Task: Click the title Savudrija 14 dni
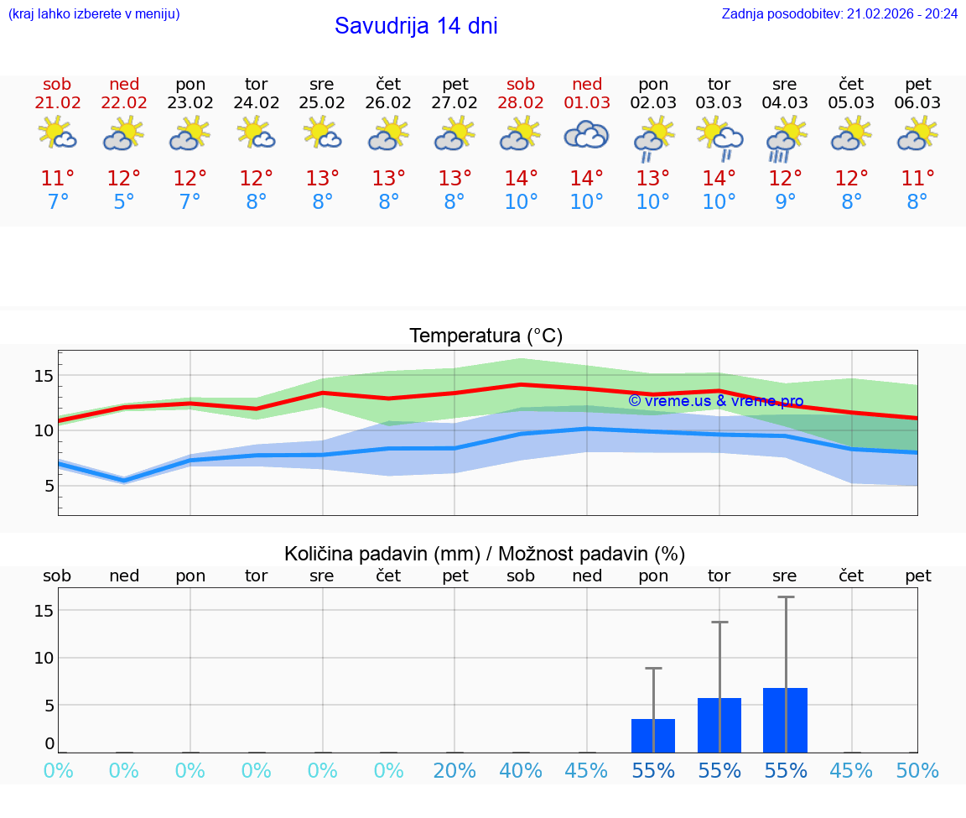point(416,26)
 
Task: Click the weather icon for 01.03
point(586,135)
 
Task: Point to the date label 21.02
point(58,103)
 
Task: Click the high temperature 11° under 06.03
point(917,179)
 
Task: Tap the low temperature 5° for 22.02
point(124,202)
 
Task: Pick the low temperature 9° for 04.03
point(785,202)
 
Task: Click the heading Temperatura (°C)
point(486,336)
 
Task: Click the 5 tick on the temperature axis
point(49,486)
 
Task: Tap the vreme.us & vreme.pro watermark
point(715,401)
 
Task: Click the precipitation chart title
point(485,554)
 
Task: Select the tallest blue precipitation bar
point(785,720)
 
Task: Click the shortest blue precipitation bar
point(653,736)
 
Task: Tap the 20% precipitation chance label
point(454,771)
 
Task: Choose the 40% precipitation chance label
point(521,771)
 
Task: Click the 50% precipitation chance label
point(917,771)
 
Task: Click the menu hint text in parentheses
point(93,13)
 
